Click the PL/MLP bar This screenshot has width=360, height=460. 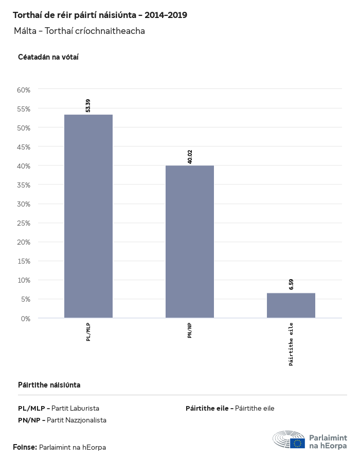coord(88,216)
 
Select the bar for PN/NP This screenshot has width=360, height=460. coord(189,242)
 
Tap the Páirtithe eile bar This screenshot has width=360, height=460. coord(291,305)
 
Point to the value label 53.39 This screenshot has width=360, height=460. coord(88,105)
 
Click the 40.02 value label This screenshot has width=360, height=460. coord(190,157)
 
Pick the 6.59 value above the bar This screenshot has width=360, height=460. coord(291,285)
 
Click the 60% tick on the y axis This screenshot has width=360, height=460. coord(24,90)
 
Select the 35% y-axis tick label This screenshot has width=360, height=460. coord(24,185)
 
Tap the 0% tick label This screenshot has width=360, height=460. coord(26,318)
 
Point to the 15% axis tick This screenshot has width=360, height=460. coord(24,261)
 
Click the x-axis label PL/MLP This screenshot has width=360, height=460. coord(88,332)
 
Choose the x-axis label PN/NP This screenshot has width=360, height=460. coord(190,330)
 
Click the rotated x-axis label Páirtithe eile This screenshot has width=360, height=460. coord(291,344)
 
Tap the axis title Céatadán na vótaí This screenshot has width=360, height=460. coord(48,57)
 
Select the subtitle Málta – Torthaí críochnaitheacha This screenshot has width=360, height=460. coord(80,31)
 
